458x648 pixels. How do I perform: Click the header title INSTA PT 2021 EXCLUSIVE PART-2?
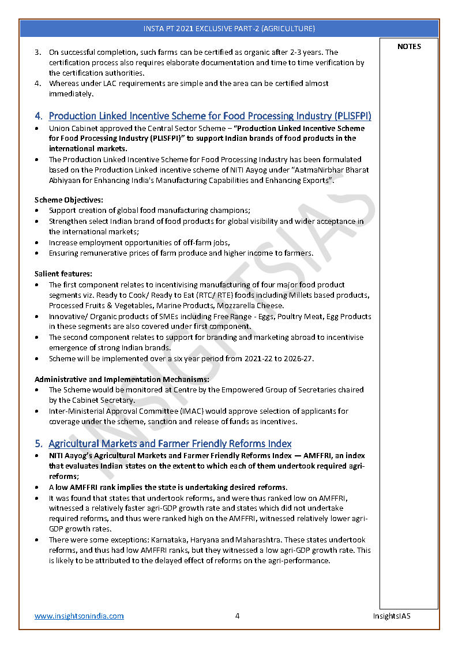coord(229,28)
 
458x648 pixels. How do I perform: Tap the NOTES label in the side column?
coord(409,47)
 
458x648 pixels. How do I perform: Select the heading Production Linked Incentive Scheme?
coord(210,116)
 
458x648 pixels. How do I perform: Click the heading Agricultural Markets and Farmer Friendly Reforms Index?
coord(170,444)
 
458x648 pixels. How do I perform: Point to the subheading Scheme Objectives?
coord(69,200)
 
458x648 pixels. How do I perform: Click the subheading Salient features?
coord(63,274)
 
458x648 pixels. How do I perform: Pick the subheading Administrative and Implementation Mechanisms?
coord(122,379)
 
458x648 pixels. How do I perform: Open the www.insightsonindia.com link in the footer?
coord(79,616)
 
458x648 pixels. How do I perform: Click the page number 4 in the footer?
coord(237,616)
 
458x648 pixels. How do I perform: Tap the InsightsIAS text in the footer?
coord(392,616)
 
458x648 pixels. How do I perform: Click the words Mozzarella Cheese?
coord(252,305)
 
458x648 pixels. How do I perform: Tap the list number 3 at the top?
coord(37,53)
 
